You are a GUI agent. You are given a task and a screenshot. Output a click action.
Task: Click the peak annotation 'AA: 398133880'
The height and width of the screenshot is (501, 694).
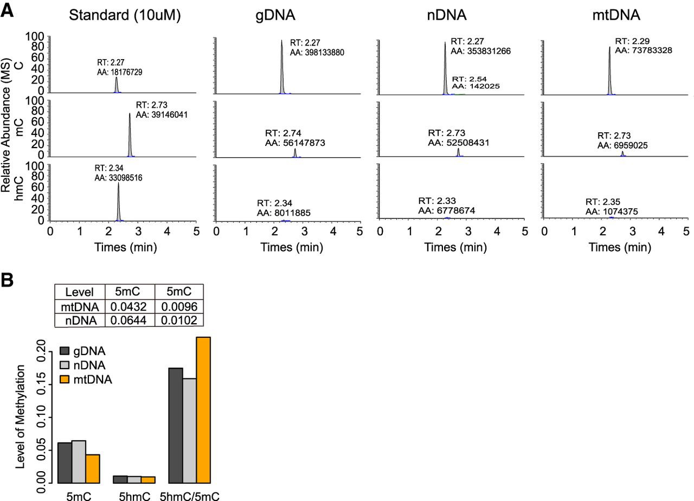[317, 53]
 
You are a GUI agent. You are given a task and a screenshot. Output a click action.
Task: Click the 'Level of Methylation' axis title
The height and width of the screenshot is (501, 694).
[20, 416]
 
